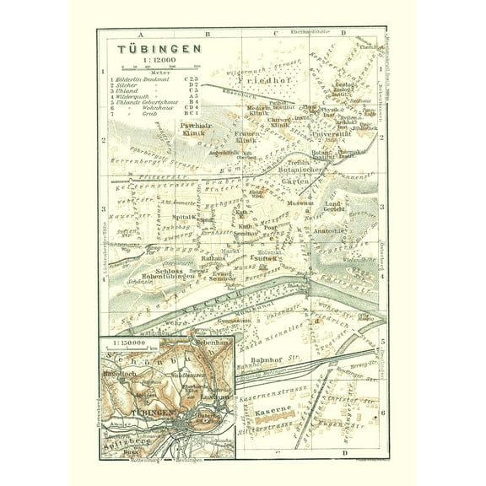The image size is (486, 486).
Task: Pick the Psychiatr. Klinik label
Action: pyautogui.click(x=195, y=128)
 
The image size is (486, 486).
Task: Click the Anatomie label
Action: pyautogui.click(x=332, y=230)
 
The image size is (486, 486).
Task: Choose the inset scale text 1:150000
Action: pyautogui.click(x=127, y=341)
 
